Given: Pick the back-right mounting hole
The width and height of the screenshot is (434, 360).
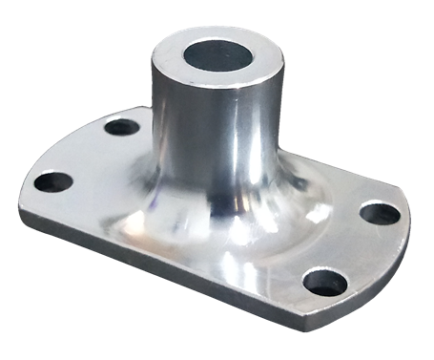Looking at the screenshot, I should pyautogui.click(x=381, y=213).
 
